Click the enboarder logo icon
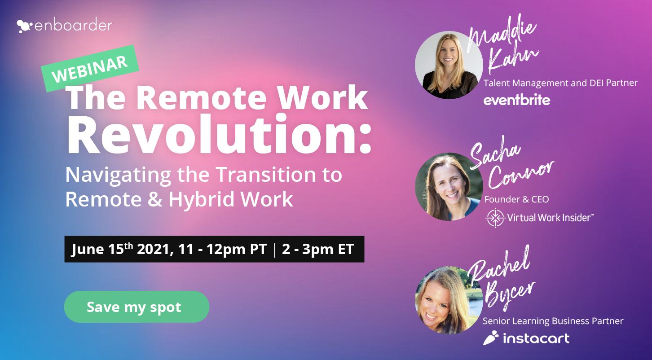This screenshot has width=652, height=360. (24, 26)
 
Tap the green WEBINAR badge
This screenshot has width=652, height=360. (90, 69)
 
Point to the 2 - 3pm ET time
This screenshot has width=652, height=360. (318, 250)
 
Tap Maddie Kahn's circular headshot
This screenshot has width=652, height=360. (449, 65)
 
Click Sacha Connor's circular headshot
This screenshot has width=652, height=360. (449, 187)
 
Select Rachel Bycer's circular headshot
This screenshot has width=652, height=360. (449, 300)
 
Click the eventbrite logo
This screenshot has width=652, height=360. (517, 100)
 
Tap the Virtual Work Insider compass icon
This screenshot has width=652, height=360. (495, 218)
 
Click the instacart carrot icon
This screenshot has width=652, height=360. (491, 338)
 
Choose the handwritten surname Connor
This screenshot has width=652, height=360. (521, 175)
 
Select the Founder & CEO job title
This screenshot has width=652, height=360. (517, 200)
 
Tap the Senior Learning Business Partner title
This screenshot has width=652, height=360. (553, 321)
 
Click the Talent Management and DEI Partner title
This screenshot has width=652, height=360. (560, 83)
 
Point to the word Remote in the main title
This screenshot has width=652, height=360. (201, 98)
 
